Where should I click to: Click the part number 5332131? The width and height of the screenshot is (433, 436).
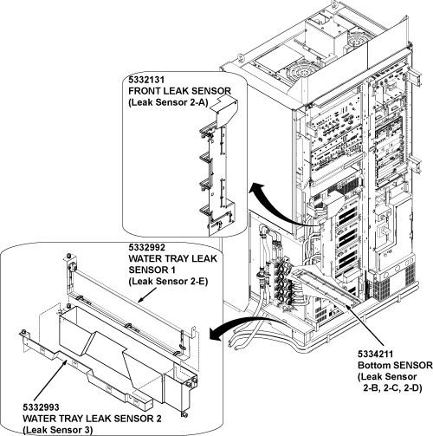pos(146,80)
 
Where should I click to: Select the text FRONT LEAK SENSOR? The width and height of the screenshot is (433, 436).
pos(179,91)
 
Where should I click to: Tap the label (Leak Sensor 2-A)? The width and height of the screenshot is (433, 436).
pos(168,103)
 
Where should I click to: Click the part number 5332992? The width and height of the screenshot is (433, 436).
pos(147,248)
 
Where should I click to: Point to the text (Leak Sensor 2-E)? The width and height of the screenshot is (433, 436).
pos(168,282)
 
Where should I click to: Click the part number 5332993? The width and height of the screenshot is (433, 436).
pos(41,407)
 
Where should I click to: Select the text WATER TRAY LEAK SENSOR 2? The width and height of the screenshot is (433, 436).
pos(92,419)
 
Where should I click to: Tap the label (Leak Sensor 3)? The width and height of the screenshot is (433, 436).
pos(58,430)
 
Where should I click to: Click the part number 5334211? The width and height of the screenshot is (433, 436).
pos(376,354)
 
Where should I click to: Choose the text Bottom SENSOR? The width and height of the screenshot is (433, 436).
pos(395,365)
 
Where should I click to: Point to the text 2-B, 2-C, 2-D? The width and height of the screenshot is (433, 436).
pos(392,388)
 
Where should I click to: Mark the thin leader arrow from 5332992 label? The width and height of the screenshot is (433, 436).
pos(147,295)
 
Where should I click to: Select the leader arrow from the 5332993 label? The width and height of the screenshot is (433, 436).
pos(51,381)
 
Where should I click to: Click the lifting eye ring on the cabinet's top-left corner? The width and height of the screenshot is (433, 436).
pos(241,57)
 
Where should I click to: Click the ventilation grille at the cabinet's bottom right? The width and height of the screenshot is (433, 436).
pos(410,277)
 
